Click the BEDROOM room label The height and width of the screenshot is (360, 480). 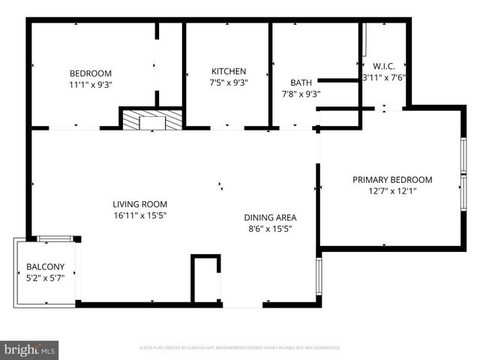[x=90, y=73]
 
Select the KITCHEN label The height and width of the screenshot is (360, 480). [x=228, y=71]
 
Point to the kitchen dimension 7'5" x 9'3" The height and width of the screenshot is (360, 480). [x=228, y=82]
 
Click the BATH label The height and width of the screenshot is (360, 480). [x=301, y=82]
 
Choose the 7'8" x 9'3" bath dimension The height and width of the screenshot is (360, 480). [x=301, y=94]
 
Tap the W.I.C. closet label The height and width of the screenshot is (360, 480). [x=383, y=65]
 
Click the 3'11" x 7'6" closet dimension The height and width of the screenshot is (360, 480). [x=383, y=76]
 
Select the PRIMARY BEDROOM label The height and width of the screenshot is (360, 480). [x=392, y=179]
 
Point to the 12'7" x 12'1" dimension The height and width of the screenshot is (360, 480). [x=392, y=190]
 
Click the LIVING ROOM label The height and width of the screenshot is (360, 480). [x=139, y=204]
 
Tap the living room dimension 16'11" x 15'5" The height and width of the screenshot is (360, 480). [x=139, y=215]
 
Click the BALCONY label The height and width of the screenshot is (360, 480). [x=46, y=266]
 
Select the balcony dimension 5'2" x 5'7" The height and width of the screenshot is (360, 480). [x=46, y=277]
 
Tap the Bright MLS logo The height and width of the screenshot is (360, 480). [x=30, y=349]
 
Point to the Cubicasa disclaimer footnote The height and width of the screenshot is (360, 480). [x=240, y=348]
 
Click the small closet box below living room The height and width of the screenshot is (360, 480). [x=205, y=279]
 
